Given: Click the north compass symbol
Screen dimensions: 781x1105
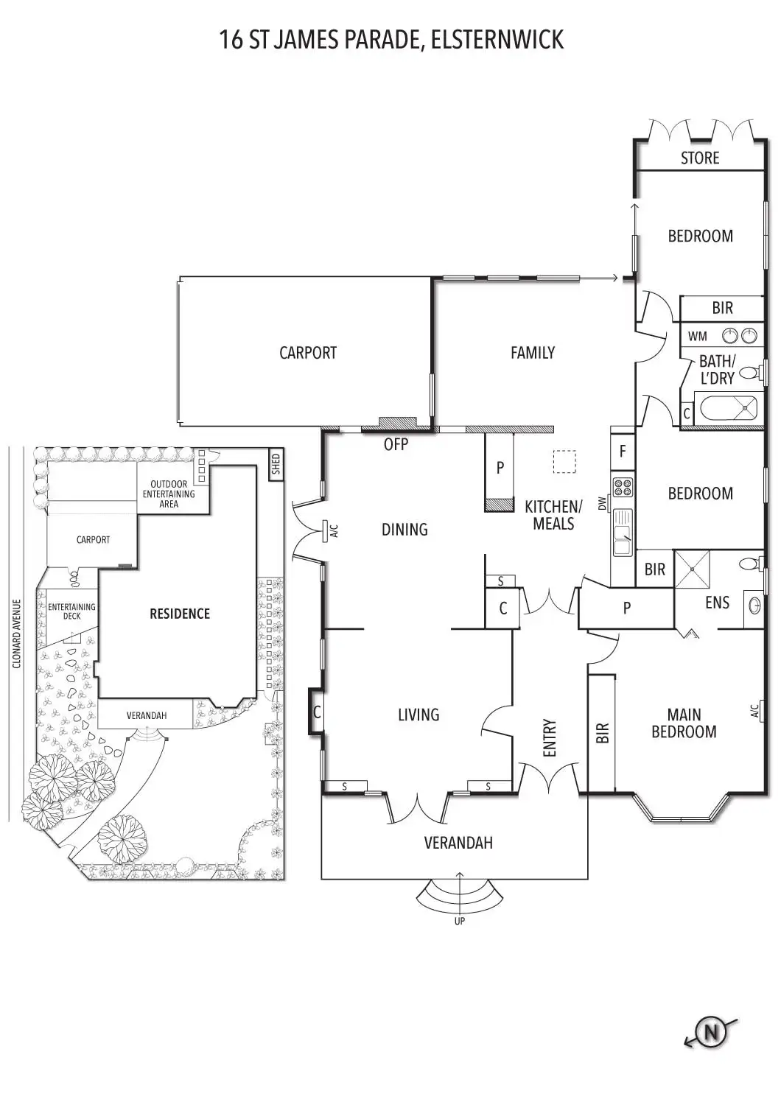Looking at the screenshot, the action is click(711, 1032).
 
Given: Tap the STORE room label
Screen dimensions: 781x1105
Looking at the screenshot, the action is click(700, 158).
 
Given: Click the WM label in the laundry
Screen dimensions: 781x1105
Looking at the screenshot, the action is click(697, 337).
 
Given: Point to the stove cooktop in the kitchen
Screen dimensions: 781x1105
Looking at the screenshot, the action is click(623, 486).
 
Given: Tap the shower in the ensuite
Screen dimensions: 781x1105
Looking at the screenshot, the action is click(693, 569).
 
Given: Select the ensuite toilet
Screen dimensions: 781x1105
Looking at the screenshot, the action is click(750, 564).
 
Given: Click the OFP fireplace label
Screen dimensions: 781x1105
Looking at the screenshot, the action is click(396, 444).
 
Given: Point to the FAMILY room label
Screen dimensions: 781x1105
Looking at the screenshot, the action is click(533, 353).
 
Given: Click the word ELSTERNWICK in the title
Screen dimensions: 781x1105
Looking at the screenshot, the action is click(497, 39).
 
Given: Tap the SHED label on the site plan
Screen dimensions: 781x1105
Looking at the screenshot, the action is click(276, 464).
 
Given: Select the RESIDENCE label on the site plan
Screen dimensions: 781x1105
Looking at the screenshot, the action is click(180, 614).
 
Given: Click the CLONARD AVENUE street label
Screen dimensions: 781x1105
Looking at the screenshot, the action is click(17, 634).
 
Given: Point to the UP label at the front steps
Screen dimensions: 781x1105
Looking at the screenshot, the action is click(460, 921).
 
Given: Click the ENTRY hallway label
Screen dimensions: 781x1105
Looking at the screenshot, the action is click(550, 737).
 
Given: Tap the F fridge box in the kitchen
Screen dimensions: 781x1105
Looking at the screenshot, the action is click(623, 451).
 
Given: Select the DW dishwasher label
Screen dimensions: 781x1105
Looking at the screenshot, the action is click(602, 504).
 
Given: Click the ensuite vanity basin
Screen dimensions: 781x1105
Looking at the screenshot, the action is click(754, 606).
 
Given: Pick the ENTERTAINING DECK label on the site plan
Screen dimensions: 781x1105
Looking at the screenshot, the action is click(71, 611).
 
